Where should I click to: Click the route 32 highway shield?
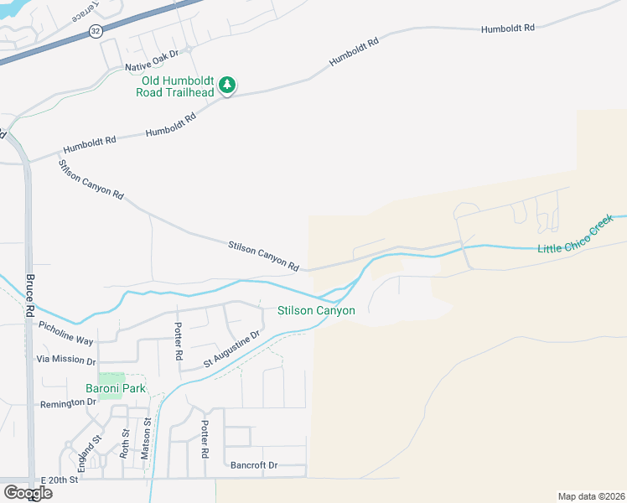tap(96, 31)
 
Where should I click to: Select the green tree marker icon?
tap(227, 85)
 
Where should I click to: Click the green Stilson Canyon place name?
tap(317, 311)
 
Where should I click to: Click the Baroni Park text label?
tap(116, 388)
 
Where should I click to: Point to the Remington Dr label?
tap(68, 403)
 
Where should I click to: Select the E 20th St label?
tap(59, 480)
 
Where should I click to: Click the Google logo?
tap(27, 492)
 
